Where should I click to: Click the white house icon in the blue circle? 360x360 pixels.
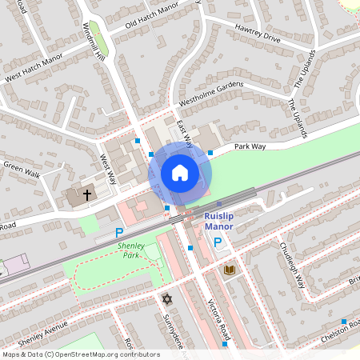tap(180, 173)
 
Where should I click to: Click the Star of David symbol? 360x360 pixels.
tap(167, 299)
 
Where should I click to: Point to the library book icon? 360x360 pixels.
tap(230, 270)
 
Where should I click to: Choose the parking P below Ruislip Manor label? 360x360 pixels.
tap(217, 241)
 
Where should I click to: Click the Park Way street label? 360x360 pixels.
tap(250, 146)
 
